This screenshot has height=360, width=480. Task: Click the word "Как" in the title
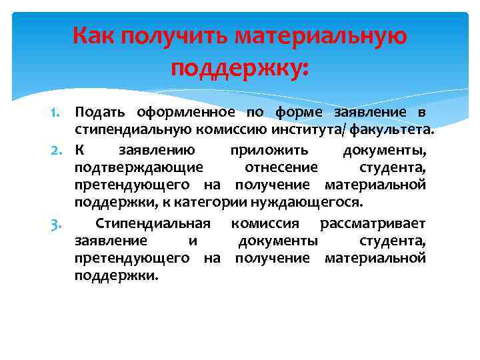[x=93, y=35]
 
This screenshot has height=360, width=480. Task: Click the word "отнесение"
[x=281, y=167]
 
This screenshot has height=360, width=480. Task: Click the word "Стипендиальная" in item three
[x=153, y=223]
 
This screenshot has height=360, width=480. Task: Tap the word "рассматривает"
[x=373, y=223]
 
